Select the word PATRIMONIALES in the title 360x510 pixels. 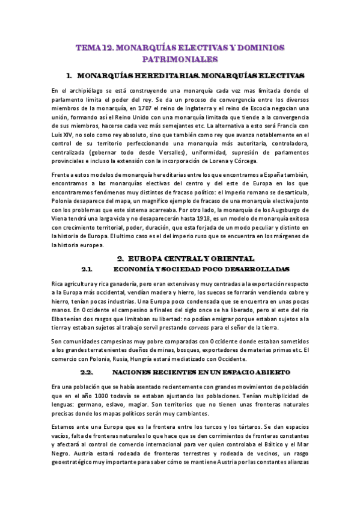click(180, 60)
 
